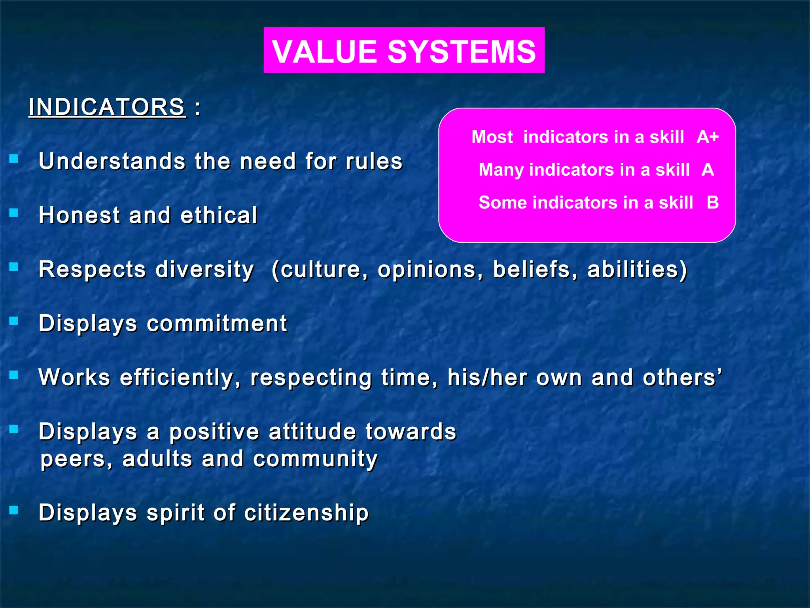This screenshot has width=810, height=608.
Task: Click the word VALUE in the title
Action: tap(324, 51)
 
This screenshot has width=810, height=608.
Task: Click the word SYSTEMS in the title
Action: tap(462, 51)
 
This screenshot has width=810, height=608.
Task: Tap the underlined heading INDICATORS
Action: tap(107, 107)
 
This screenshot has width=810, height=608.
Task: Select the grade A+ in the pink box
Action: tap(708, 137)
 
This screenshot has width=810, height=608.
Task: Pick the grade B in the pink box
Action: tap(713, 203)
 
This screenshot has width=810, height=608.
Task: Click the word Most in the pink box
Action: tap(492, 137)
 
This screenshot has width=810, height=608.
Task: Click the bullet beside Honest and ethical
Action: tap(14, 213)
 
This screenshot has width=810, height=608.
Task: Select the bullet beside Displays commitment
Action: tap(14, 321)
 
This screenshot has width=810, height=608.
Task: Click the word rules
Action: tap(374, 161)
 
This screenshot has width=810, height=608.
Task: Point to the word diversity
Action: tap(204, 270)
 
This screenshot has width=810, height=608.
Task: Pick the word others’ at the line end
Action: tap(682, 377)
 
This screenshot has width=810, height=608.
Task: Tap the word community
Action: tap(315, 459)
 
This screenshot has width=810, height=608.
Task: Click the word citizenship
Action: tap(306, 513)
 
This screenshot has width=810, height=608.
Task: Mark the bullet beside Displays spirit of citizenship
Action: tap(14, 510)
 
